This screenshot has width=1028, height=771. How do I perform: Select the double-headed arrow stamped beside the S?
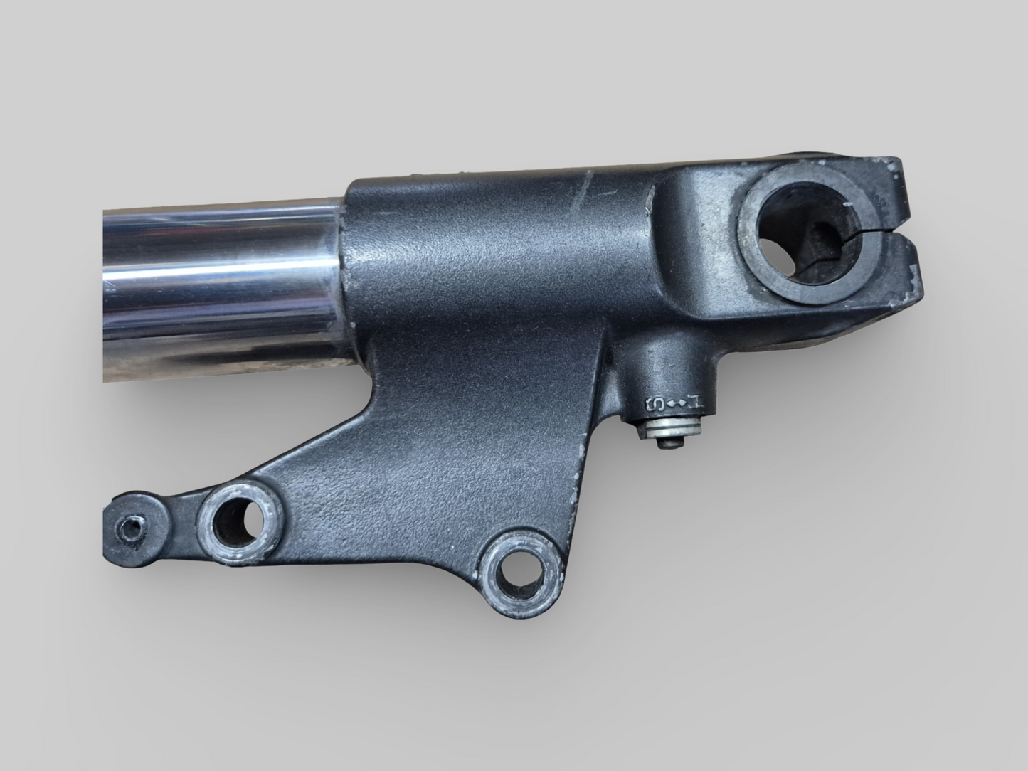click(x=676, y=404)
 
